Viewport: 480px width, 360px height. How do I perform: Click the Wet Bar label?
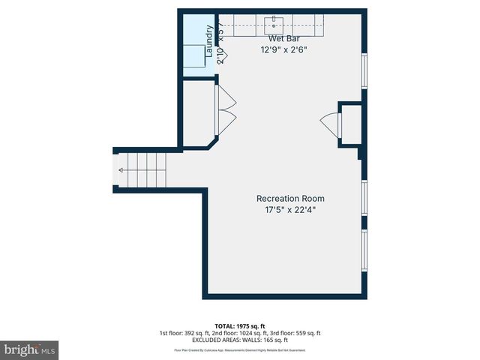click(x=284, y=38)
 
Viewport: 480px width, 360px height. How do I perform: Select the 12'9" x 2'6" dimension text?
click(x=284, y=50)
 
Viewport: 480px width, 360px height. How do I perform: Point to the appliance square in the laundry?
click(x=196, y=55)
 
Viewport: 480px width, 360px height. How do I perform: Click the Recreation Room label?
click(x=290, y=198)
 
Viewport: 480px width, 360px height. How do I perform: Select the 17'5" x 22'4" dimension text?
click(x=290, y=210)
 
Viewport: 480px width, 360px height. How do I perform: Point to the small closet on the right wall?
click(x=349, y=124)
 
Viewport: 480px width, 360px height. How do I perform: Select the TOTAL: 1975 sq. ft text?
click(x=239, y=325)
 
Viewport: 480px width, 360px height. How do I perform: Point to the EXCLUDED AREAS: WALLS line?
click(x=239, y=341)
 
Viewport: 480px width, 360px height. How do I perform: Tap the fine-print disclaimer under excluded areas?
click(x=239, y=349)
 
